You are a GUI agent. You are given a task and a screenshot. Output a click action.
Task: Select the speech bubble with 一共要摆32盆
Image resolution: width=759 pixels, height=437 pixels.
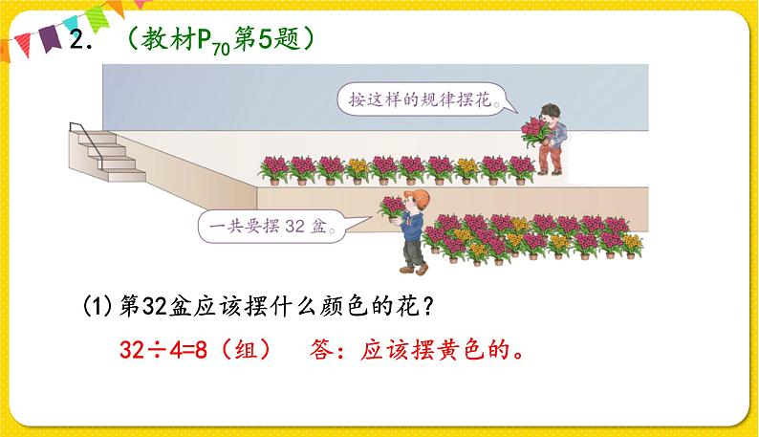click(x=272, y=228)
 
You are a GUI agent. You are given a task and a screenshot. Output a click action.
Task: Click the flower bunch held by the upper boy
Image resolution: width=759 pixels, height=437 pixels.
click(x=531, y=128)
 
